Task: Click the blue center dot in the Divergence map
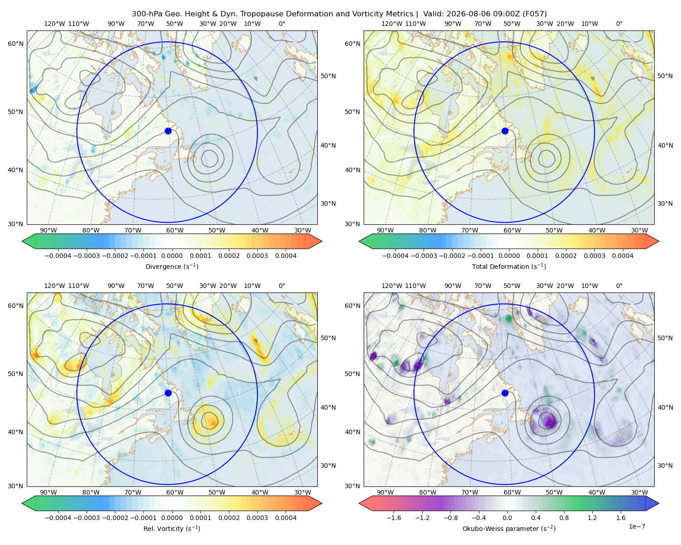tap(168, 131)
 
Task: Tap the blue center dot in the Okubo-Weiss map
tap(505, 393)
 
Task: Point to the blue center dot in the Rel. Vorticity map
tap(168, 393)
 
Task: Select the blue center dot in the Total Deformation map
tap(505, 131)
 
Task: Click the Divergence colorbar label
tap(172, 266)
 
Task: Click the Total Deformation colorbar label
tap(509, 266)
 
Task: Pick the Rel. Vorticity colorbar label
tap(172, 528)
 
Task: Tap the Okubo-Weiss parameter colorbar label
tap(509, 528)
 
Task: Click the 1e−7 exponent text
tap(637, 526)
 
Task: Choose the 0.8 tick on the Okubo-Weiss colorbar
tap(564, 518)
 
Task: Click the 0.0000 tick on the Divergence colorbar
tap(172, 256)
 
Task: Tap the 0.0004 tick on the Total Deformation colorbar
tap(622, 256)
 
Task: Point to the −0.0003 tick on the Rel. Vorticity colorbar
tap(86, 518)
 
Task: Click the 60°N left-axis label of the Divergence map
tap(15, 44)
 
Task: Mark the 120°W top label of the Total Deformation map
tap(392, 24)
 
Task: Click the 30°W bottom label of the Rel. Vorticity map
tap(302, 492)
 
